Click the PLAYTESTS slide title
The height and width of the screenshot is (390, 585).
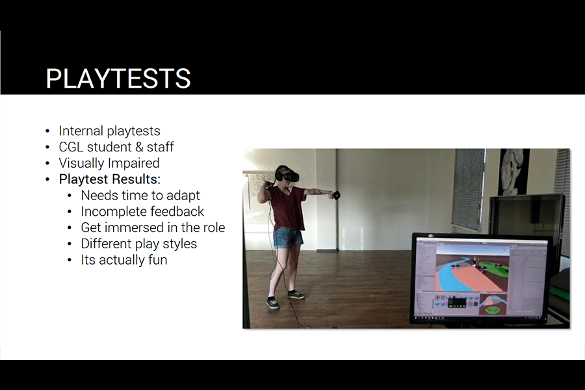coord(118,79)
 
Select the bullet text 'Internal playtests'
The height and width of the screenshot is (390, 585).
coord(109,131)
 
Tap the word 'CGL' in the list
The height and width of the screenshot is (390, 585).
coord(71,147)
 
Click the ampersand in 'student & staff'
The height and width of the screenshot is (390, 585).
coord(139,147)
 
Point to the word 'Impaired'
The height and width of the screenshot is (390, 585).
coord(134,163)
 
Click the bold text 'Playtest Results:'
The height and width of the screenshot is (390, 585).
coord(110,179)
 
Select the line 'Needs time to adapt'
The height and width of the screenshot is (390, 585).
coord(140,195)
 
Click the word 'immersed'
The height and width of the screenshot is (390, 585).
coord(135,227)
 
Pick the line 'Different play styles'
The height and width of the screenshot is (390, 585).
coord(139,244)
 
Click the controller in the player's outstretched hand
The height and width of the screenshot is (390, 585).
coord(336,195)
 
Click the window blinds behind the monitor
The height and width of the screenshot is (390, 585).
coord(469,188)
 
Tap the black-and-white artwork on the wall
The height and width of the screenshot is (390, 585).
coord(514,172)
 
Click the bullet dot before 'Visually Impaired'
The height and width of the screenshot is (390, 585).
coord(47,163)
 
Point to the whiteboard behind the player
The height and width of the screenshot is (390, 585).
coord(259,191)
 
